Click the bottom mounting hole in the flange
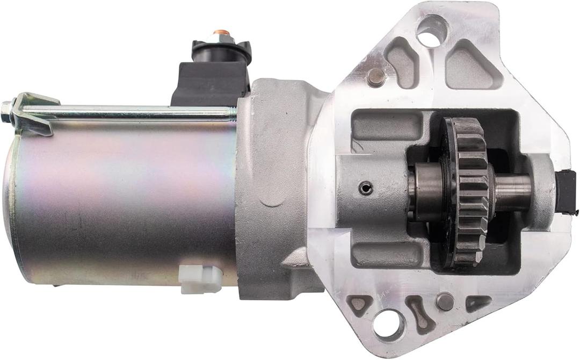click(389, 323)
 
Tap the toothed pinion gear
click(466, 191)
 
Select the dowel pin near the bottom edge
click(445, 301)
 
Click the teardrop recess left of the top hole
click(401, 62)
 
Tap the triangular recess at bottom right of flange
click(479, 304)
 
